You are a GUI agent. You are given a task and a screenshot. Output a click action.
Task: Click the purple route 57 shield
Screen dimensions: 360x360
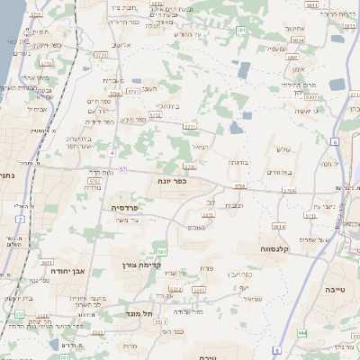click(122, 169)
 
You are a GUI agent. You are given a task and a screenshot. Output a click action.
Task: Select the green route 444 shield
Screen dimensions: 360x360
click(302, 333)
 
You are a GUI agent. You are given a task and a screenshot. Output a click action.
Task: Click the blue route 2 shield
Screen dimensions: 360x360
click(19, 219)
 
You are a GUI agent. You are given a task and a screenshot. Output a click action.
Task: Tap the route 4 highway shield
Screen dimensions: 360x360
click(112, 153)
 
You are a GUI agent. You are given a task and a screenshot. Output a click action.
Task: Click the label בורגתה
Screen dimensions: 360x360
click(238, 163)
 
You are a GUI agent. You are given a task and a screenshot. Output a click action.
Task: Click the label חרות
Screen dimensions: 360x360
click(130, 346)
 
